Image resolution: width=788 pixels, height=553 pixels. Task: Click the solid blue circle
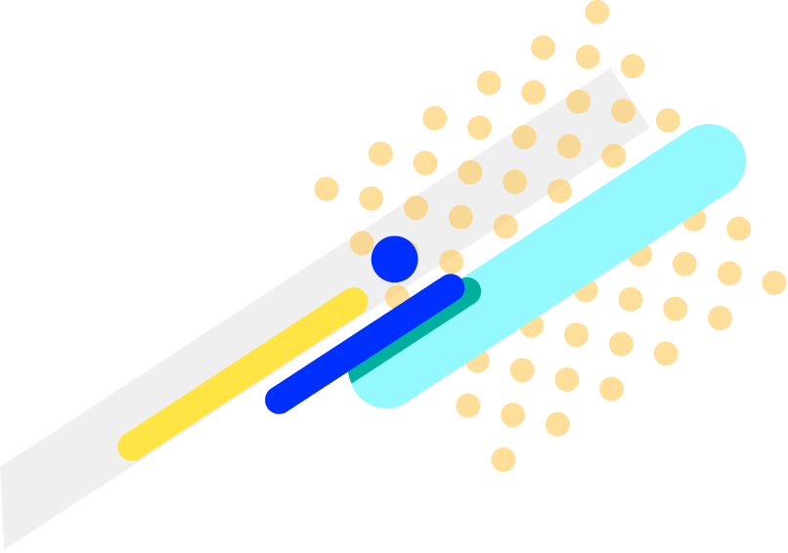pyautogui.click(x=395, y=259)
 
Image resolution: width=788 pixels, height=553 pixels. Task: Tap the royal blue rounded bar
pyautogui.click(x=364, y=344)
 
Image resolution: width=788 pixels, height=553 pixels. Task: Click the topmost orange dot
pyautogui.click(x=597, y=12)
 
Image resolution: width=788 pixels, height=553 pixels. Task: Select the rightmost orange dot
pyautogui.click(x=774, y=282)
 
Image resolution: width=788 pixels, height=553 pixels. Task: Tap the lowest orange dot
pyautogui.click(x=503, y=459)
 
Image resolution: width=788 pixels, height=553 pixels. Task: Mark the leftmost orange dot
pyautogui.click(x=327, y=189)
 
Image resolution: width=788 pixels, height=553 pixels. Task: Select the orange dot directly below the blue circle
pyautogui.click(x=397, y=296)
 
